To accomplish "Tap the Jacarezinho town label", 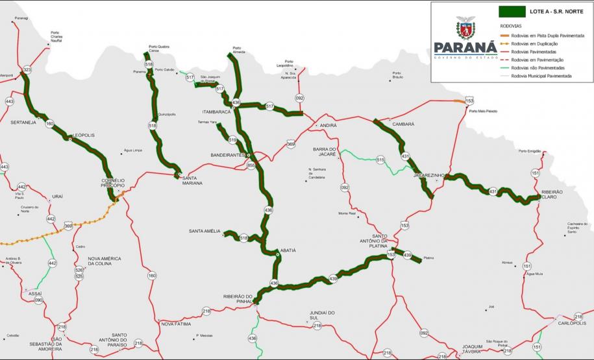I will pos(428,175).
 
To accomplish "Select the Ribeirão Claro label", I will pos(552,195).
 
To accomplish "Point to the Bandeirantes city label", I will pos(227,156).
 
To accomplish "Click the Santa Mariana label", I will pos(192,180).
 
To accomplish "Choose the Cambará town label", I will pos(403,123).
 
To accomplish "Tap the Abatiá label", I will pos(288,250).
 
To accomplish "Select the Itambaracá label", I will pos(216,112).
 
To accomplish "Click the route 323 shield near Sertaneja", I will pos(27,69).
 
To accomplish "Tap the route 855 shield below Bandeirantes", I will pos(251,165).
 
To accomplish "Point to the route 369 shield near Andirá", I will pos(291,144).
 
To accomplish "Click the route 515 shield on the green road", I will pos(380,160).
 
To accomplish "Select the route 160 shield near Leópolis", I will pos(50,123).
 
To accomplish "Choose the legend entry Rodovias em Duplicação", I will pos(534,42).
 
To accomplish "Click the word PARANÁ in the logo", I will pos(465,49).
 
